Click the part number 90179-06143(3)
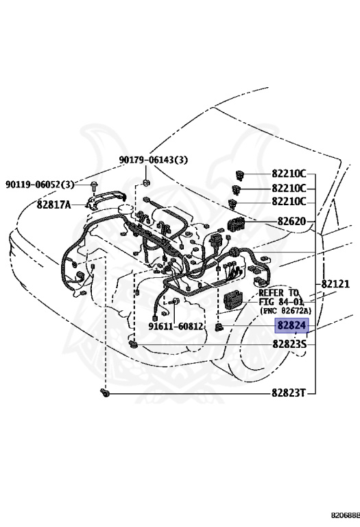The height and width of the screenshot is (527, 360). click(x=152, y=160)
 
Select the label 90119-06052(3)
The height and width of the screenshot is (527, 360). click(x=40, y=185)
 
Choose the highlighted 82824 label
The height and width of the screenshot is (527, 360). click(x=292, y=327)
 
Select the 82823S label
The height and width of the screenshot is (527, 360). click(x=289, y=343)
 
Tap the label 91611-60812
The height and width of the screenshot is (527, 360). click(x=176, y=326)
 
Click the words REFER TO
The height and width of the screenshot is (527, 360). click(x=278, y=292)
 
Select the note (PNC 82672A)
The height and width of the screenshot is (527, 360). click(x=283, y=310)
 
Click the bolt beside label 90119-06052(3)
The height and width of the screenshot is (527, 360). click(x=93, y=185)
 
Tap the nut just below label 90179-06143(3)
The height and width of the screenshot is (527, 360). click(x=147, y=183)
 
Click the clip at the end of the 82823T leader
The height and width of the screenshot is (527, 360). click(x=105, y=393)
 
